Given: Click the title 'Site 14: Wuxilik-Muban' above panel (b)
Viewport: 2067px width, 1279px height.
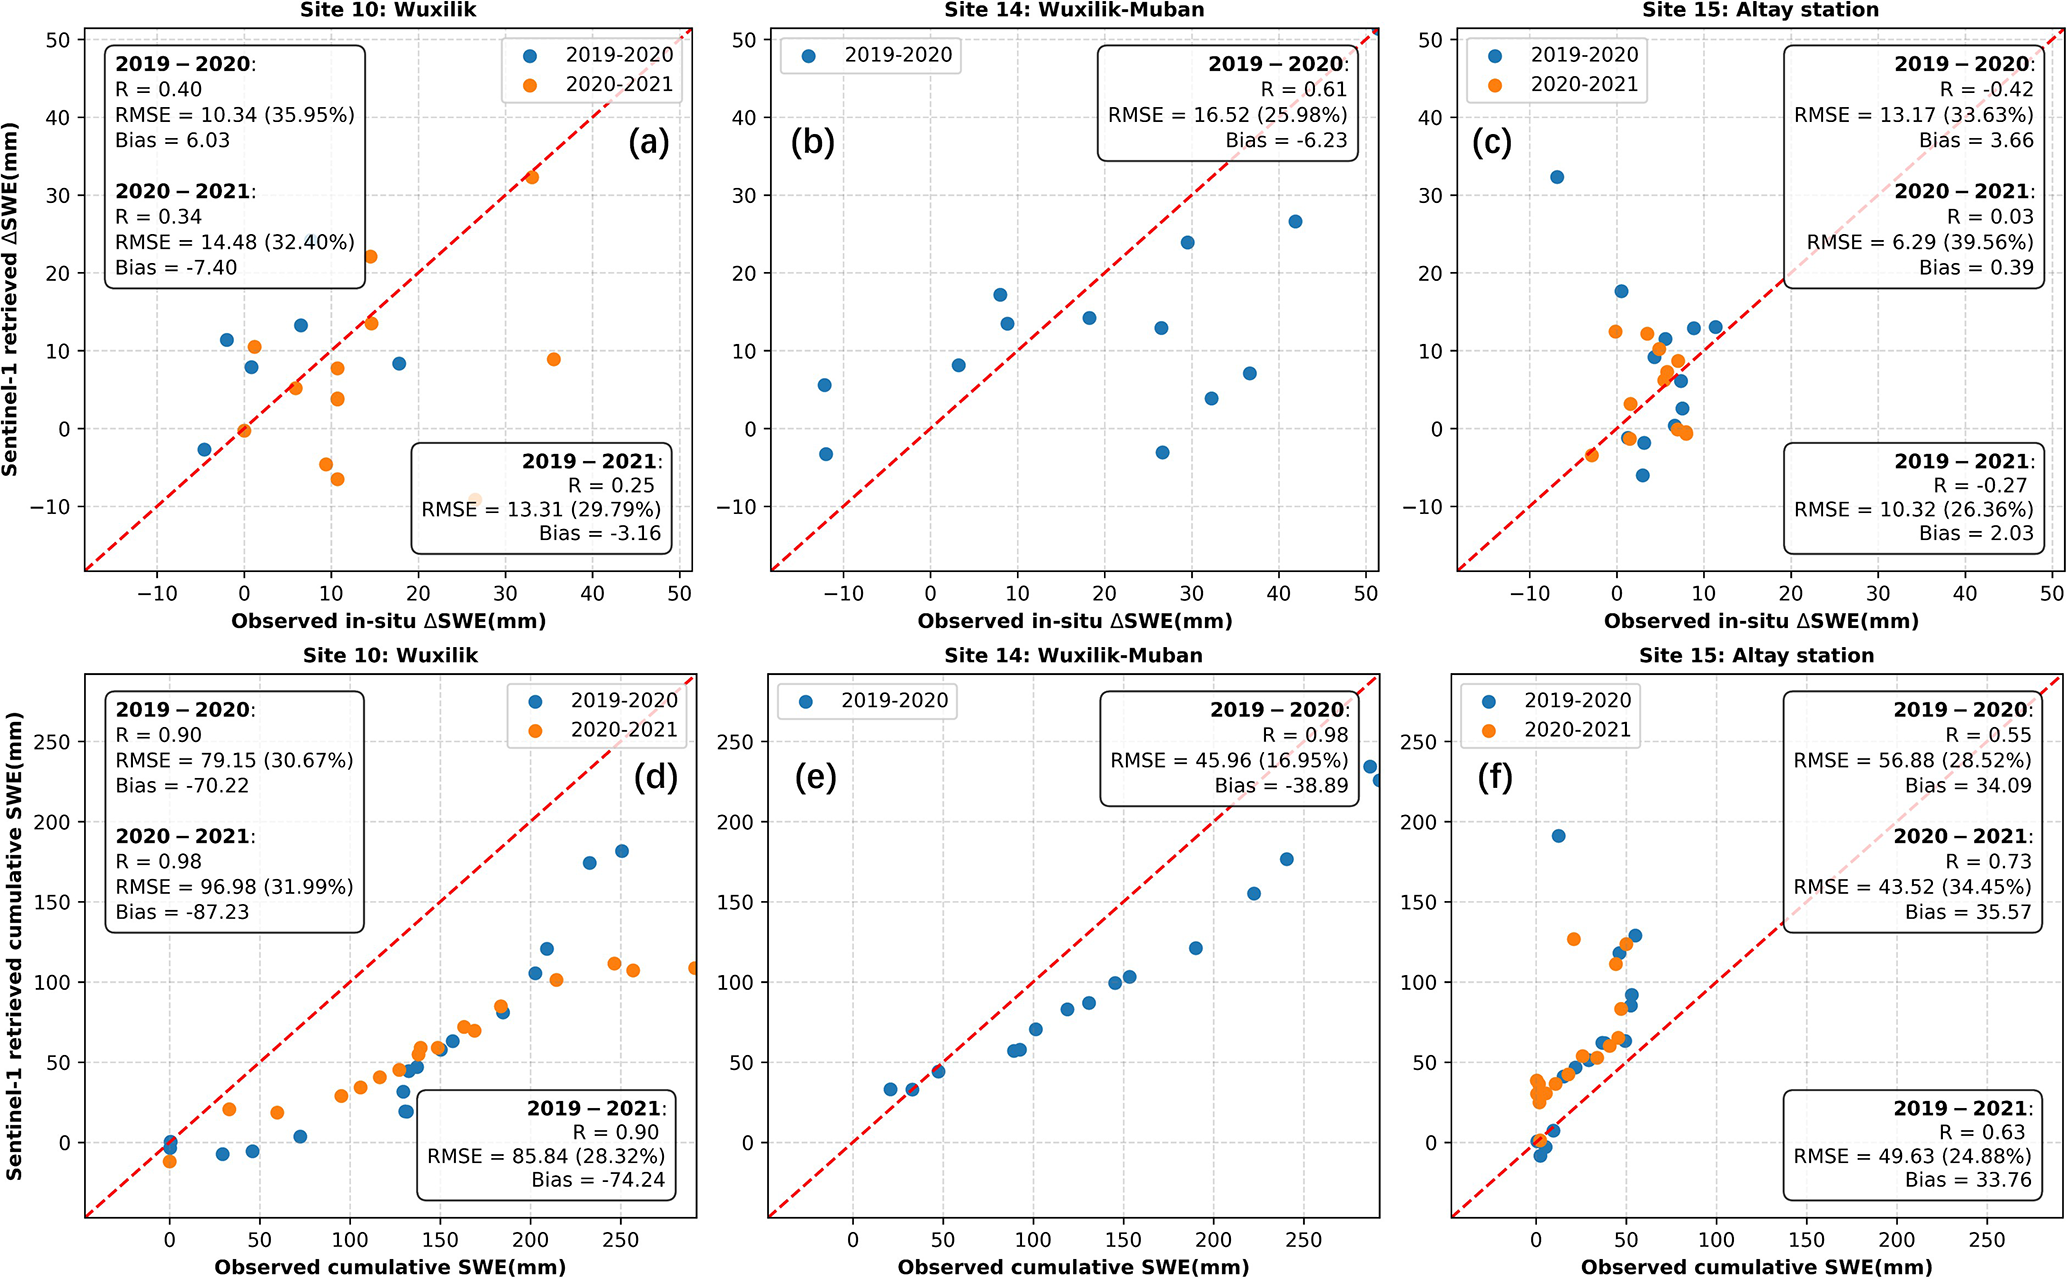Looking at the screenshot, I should pyautogui.click(x=1074, y=10).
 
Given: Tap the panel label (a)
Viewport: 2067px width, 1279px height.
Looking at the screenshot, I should pyautogui.click(x=649, y=142).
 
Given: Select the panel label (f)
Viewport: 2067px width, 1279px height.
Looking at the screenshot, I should pyautogui.click(x=1495, y=777).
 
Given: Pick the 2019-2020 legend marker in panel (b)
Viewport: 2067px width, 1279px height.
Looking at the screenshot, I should pyautogui.click(x=809, y=56).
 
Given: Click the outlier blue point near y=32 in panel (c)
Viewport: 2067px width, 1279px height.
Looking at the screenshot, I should pyautogui.click(x=1557, y=177).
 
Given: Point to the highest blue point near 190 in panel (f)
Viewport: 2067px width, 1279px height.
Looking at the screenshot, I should pyautogui.click(x=1558, y=836).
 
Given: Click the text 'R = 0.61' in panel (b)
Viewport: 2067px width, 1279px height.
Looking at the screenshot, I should pyautogui.click(x=1303, y=90).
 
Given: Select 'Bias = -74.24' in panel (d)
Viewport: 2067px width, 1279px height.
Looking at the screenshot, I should pyautogui.click(x=598, y=1180).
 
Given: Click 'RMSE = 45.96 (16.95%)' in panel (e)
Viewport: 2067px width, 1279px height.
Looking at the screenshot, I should pyautogui.click(x=1229, y=760).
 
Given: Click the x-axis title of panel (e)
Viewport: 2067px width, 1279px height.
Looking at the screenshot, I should pyautogui.click(x=1073, y=1267).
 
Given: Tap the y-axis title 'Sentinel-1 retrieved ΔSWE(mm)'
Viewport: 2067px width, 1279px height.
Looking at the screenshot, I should pyautogui.click(x=10, y=299).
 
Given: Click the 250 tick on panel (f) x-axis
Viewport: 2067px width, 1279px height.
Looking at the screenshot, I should pyautogui.click(x=1986, y=1240).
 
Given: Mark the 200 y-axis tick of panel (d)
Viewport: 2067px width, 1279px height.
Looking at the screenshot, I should pyautogui.click(x=51, y=822).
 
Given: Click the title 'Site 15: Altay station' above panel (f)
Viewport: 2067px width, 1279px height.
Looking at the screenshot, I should pyautogui.click(x=1756, y=656).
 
